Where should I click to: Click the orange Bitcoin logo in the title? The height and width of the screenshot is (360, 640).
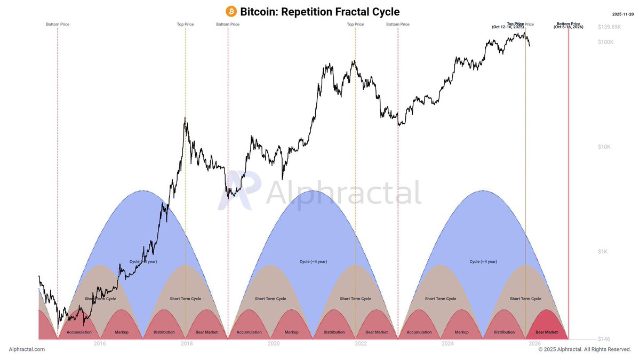coord(231,12)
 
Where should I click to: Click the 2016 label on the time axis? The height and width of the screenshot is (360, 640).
coord(100,343)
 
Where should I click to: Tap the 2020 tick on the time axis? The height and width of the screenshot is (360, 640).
coord(274,343)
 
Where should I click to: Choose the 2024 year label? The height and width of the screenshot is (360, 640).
coord(447,343)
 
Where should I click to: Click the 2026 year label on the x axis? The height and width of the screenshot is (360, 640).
coord(534,343)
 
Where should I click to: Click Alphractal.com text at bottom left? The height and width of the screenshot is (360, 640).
coord(27,349)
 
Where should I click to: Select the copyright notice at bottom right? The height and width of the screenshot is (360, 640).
coord(585,349)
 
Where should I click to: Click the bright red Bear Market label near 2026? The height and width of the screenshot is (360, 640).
coord(547,332)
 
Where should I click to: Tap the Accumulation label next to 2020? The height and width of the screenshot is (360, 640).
coord(249,332)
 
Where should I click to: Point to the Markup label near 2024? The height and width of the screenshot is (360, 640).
coord(461,332)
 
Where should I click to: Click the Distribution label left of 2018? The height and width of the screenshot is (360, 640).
coord(164,332)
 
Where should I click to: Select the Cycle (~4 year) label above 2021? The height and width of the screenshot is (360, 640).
coord(313,261)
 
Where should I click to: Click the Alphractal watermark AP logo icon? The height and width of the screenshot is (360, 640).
coord(239,192)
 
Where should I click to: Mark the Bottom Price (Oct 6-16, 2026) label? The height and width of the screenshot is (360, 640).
coord(569,25)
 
